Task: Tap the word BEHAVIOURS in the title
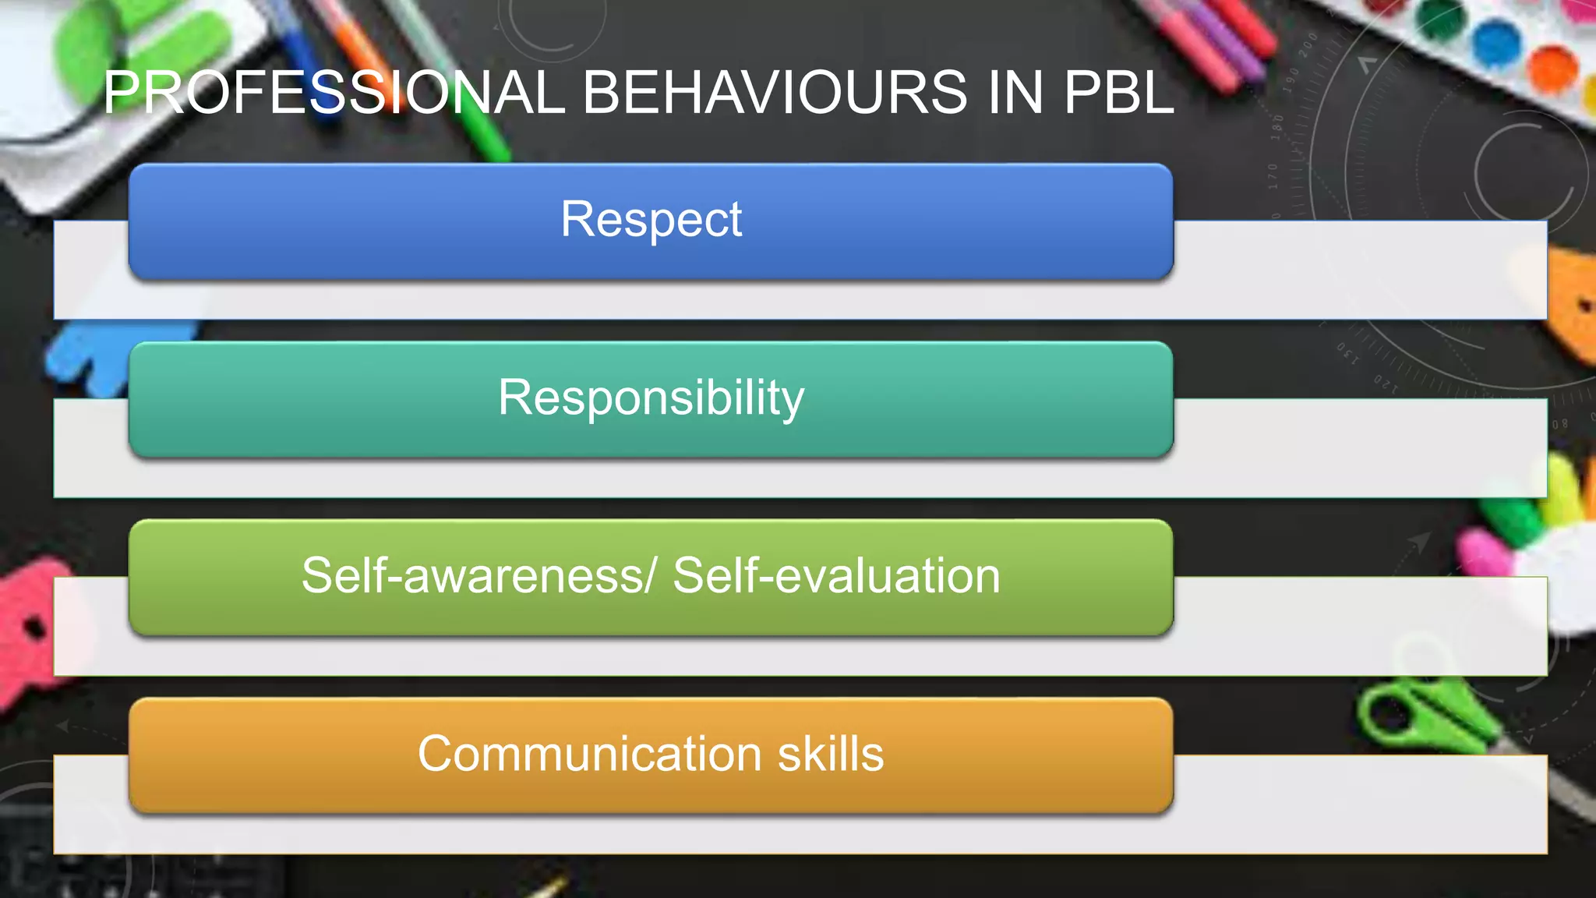click(x=773, y=93)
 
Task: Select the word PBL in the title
click(x=1118, y=93)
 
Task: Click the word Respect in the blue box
click(x=651, y=219)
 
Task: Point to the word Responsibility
click(x=651, y=398)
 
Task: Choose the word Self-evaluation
click(x=836, y=576)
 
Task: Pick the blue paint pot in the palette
click(x=1497, y=43)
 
